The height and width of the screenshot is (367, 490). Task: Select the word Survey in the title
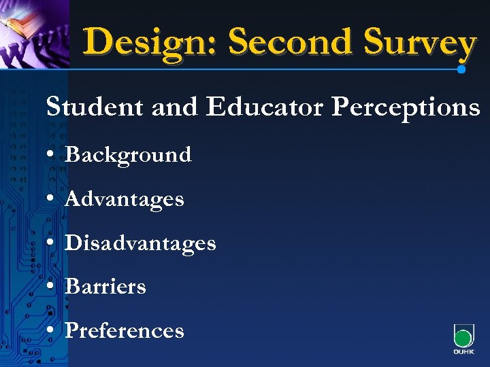click(x=420, y=42)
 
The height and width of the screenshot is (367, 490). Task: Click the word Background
click(x=128, y=155)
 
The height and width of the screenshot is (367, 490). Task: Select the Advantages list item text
click(x=124, y=200)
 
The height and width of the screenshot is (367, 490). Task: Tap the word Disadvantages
click(x=140, y=243)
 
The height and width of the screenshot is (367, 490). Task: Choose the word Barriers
click(x=105, y=287)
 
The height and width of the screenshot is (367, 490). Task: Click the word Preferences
click(x=125, y=331)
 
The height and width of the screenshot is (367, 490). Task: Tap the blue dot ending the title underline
click(x=462, y=69)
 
